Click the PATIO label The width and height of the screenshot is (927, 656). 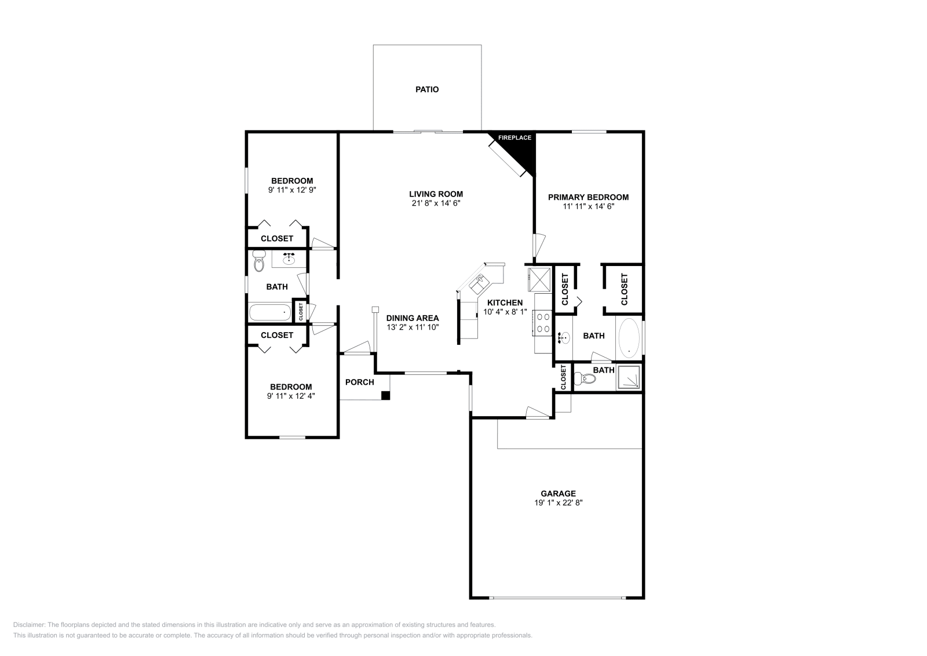427,89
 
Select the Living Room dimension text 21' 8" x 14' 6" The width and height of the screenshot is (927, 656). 436,203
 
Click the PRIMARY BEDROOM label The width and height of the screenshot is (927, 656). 588,197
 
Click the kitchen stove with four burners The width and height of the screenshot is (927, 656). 544,323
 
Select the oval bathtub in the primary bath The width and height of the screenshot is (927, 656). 629,338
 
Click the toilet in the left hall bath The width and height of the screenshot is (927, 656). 258,263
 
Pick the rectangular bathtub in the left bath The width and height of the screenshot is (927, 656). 270,312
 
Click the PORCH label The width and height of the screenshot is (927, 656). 359,382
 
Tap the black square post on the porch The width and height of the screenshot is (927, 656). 385,395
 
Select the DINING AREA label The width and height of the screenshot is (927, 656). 413,318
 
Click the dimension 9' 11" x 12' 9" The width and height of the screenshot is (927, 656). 292,189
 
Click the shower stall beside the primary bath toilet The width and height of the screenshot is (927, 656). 629,377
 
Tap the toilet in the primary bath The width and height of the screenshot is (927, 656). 585,380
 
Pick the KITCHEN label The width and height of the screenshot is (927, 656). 505,303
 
